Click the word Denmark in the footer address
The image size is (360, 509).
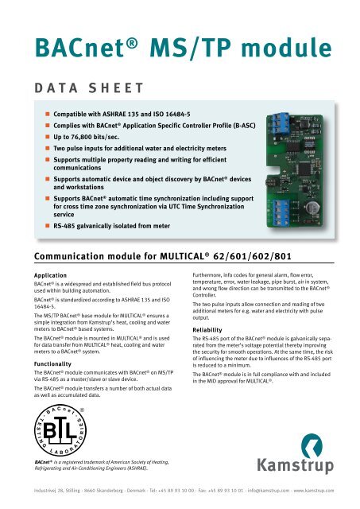140,492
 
